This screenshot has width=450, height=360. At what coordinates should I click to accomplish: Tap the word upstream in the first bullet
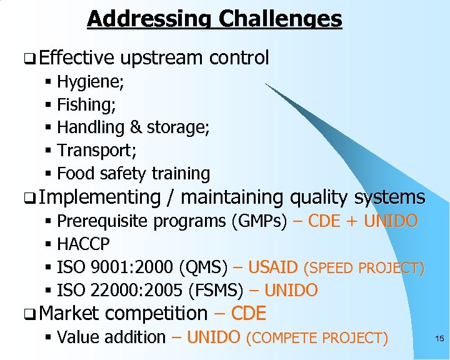[162, 58]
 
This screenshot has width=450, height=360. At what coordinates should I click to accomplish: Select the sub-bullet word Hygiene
[89, 82]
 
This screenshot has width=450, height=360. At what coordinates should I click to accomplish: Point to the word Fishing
[85, 105]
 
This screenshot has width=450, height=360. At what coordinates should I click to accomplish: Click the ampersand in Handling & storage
[136, 127]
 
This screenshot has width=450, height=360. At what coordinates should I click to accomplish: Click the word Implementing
[103, 197]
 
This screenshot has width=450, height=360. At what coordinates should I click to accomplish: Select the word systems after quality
[389, 197]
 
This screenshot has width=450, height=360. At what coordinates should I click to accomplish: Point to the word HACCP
[83, 244]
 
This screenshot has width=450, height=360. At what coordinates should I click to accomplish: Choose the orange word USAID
[273, 267]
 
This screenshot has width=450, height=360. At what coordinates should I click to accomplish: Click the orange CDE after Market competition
[249, 313]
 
